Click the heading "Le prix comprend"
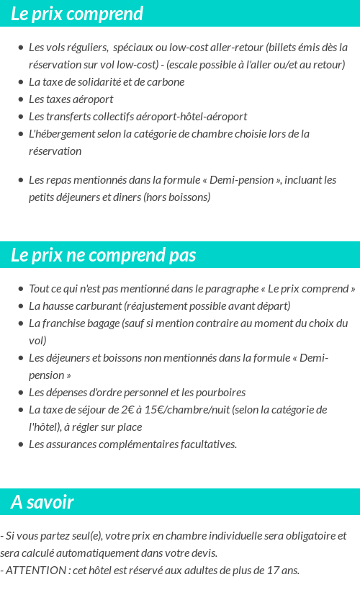[x=77, y=14]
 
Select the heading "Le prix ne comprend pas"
[x=103, y=256]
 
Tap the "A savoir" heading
[x=42, y=502]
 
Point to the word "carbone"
[x=166, y=82]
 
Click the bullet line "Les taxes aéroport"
[x=71, y=99]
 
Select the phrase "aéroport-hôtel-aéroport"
[x=194, y=117]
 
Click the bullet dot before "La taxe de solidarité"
[x=20, y=82]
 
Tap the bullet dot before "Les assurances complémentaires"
[x=20, y=444]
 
